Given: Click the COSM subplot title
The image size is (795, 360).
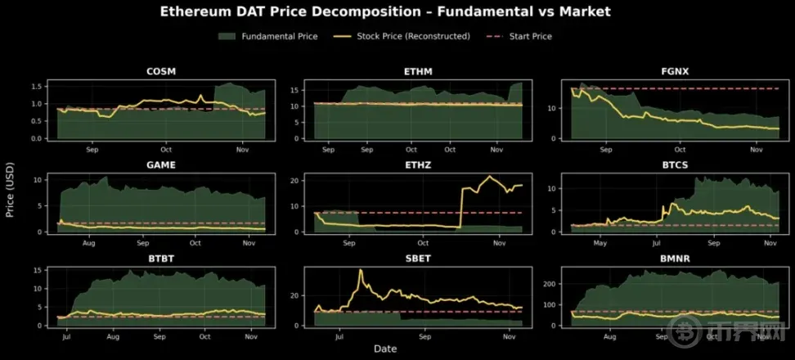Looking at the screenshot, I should [x=160, y=71].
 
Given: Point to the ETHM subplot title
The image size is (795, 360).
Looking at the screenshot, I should [x=418, y=71].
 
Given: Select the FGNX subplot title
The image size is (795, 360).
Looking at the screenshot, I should [x=675, y=71].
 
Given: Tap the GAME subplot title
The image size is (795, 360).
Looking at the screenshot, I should [x=160, y=164].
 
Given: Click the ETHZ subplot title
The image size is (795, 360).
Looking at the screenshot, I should [x=418, y=164].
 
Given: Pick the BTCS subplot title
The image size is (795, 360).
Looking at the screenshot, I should [x=675, y=164].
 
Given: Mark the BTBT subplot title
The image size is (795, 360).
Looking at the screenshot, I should [x=160, y=258].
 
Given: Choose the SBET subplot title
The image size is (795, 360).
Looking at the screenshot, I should [x=418, y=258].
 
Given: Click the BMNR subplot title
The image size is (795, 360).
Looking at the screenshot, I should [x=675, y=258].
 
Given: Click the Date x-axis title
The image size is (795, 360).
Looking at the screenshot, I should [x=385, y=349].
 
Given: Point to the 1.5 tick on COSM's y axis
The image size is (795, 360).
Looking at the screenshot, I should [x=37, y=87].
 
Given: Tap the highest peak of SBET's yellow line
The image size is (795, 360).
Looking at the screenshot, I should [x=360, y=271].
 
